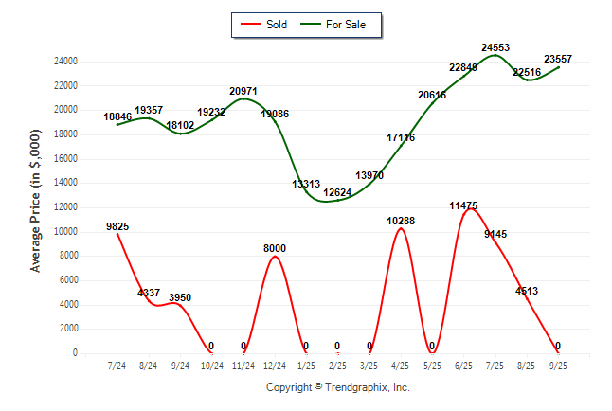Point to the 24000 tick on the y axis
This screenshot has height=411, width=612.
tap(91, 62)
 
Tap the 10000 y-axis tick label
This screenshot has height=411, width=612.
tap(91, 232)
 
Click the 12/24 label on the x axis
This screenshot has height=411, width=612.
tap(274, 366)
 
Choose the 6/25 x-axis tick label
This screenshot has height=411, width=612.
tap(464, 366)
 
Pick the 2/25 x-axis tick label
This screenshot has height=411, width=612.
tap(337, 366)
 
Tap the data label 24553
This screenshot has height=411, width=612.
tap(495, 46)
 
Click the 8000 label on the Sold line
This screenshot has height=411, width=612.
tap(275, 248)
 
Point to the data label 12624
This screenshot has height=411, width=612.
tap(337, 193)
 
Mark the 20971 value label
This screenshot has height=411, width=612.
tap(243, 91)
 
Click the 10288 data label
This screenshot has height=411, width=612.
tap(401, 221)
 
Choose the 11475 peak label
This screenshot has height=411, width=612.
tap(464, 205)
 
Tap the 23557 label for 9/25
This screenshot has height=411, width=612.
tap(559, 57)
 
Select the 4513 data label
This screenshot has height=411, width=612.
tap(526, 291)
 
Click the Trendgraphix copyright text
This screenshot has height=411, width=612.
tap(337, 387)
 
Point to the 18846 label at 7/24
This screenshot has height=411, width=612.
tap(118, 116)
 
